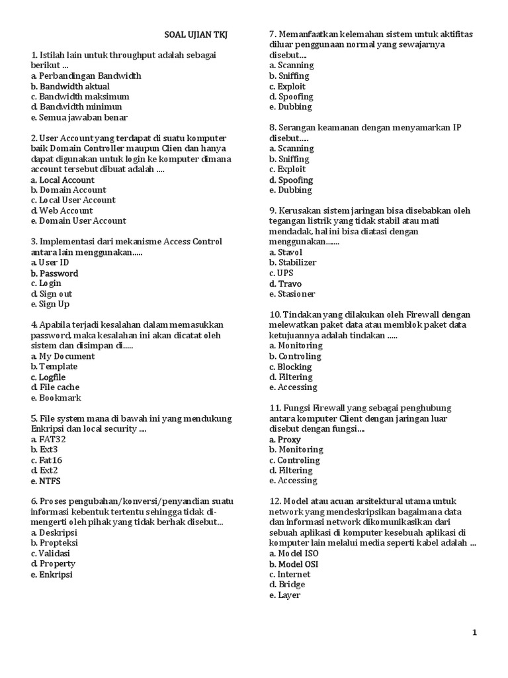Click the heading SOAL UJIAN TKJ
(x=195, y=34)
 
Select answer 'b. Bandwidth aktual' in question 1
(x=70, y=86)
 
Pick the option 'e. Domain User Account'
(x=78, y=220)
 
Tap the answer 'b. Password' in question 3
(x=54, y=273)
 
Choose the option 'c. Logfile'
(x=48, y=377)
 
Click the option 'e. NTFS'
(x=45, y=481)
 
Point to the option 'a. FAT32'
(x=48, y=439)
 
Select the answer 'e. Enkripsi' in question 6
(x=52, y=575)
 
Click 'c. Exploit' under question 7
(x=287, y=86)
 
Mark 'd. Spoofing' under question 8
(x=291, y=179)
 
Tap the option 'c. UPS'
(x=281, y=273)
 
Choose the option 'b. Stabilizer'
(x=292, y=262)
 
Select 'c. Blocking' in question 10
(x=290, y=366)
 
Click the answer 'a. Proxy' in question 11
(x=285, y=439)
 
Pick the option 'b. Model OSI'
(x=294, y=564)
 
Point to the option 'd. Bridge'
(x=287, y=585)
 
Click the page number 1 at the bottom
(x=474, y=633)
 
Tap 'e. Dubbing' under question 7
(x=290, y=107)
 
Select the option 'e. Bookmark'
(x=56, y=398)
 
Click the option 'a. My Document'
(x=63, y=356)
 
